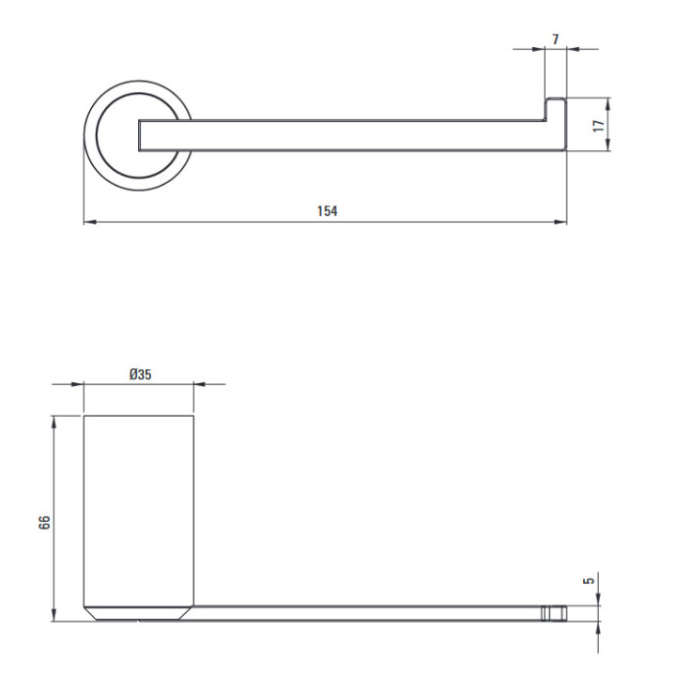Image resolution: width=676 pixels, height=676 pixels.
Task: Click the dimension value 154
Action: [328, 211]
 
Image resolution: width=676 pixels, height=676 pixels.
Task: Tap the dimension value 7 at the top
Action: [555, 39]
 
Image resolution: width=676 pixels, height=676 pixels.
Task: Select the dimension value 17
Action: [599, 126]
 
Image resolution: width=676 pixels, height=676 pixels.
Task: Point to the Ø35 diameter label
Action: [141, 375]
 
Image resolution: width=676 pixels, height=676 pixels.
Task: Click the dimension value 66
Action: [45, 522]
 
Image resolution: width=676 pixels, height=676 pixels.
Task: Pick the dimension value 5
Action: [589, 580]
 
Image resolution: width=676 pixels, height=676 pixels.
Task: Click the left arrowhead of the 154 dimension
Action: [90, 222]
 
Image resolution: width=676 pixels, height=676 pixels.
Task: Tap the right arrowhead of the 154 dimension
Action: [561, 222]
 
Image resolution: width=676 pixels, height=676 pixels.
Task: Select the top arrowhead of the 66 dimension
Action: [54, 422]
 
